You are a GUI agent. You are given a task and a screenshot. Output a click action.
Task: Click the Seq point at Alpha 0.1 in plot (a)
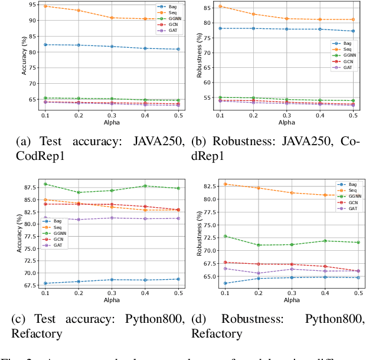(45, 6)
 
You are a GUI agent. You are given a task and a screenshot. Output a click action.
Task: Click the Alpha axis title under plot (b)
(287, 123)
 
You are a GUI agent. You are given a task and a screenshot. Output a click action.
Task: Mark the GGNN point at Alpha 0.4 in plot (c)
(145, 186)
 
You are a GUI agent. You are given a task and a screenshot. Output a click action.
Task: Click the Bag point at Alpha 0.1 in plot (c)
(45, 283)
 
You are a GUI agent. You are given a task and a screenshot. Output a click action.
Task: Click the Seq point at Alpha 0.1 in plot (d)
(225, 184)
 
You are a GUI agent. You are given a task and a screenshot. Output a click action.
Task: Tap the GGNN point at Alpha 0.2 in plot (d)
(258, 245)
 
